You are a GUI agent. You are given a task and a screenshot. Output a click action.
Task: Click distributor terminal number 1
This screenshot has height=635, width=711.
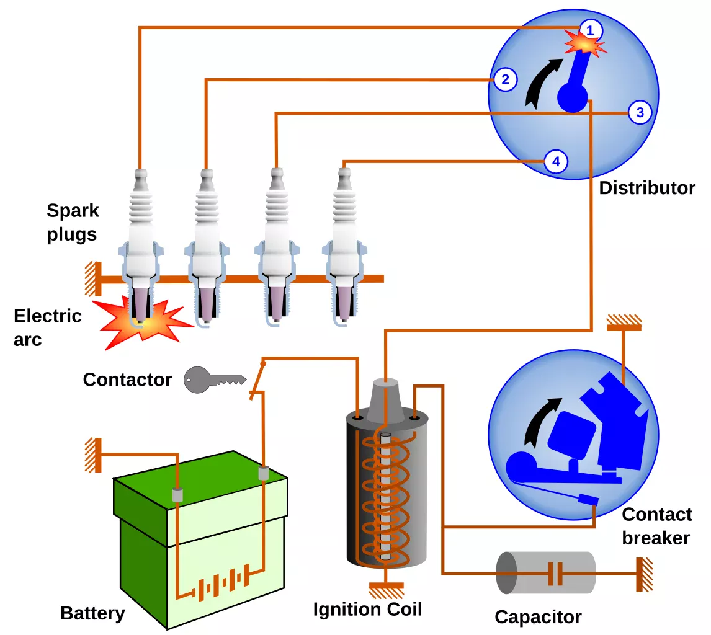pyautogui.click(x=590, y=30)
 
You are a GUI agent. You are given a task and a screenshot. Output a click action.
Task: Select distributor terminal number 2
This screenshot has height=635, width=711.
pyautogui.click(x=505, y=80)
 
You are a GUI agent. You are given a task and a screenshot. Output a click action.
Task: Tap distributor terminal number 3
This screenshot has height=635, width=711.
pyautogui.click(x=640, y=112)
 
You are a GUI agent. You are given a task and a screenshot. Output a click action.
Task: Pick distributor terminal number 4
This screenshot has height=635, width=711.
pyautogui.click(x=556, y=161)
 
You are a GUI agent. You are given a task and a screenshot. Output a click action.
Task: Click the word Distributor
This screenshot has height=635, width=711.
pyautogui.click(x=647, y=188)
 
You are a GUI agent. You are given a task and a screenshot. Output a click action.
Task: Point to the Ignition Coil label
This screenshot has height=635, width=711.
pyautogui.click(x=368, y=609)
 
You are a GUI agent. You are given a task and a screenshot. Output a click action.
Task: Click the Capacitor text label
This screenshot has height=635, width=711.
pyautogui.click(x=539, y=617)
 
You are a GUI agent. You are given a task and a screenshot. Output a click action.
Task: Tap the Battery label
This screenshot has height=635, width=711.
pyautogui.click(x=92, y=613)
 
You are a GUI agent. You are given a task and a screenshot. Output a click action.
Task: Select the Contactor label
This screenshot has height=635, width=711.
pyautogui.click(x=127, y=380)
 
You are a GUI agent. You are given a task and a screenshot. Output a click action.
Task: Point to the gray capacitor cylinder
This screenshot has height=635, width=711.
pyautogui.click(x=546, y=573)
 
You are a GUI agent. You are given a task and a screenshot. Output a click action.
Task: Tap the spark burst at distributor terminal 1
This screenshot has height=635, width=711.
pyautogui.click(x=585, y=43)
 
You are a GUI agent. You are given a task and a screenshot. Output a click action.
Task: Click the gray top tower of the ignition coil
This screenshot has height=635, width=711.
pyautogui.click(x=385, y=400)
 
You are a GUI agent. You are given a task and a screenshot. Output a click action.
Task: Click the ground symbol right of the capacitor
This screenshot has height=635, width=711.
pyautogui.click(x=645, y=574)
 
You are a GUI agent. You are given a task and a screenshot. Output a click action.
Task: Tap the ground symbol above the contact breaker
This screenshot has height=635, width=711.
pyautogui.click(x=624, y=322)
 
